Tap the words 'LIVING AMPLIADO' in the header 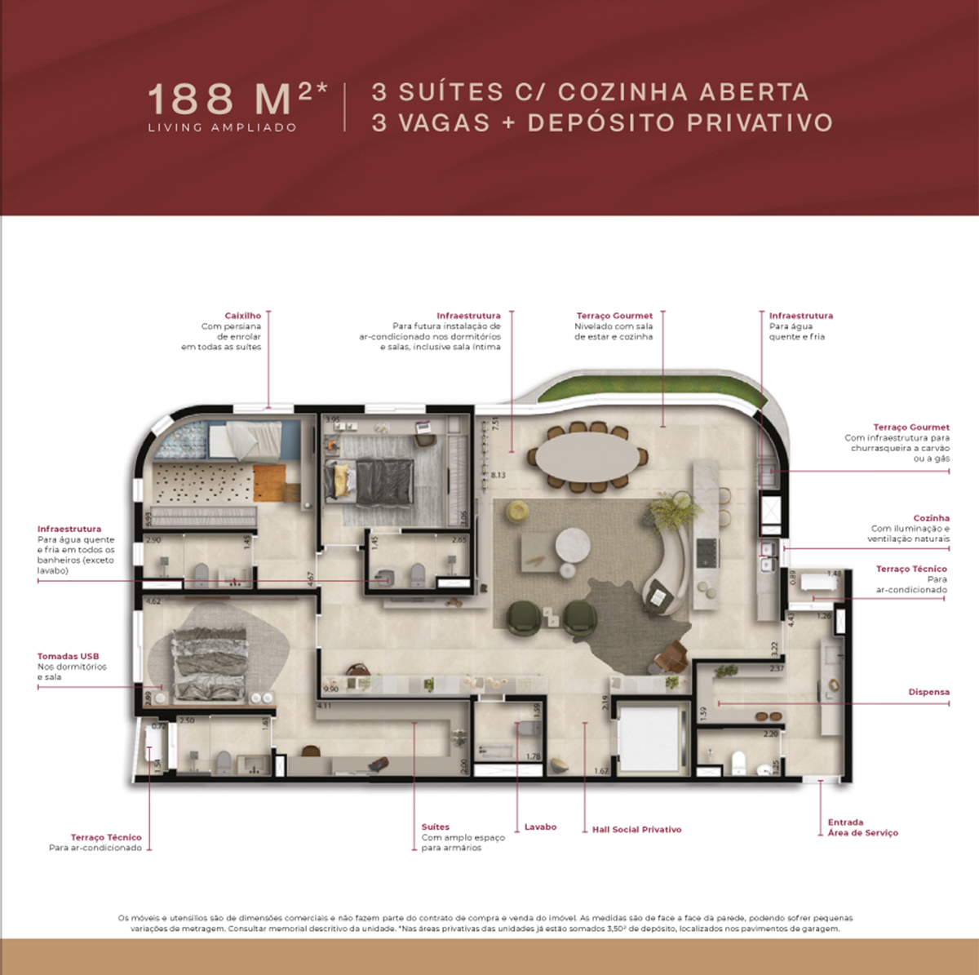222,127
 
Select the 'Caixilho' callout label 242,316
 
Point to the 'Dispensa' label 928,692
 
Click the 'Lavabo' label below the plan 540,827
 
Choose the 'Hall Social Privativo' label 636,829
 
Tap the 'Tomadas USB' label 68,656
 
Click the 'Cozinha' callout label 931,518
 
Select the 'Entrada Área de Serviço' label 862,827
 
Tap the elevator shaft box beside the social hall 649,738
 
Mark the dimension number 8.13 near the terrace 498,475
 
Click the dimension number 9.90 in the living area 330,689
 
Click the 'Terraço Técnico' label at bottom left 105,837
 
